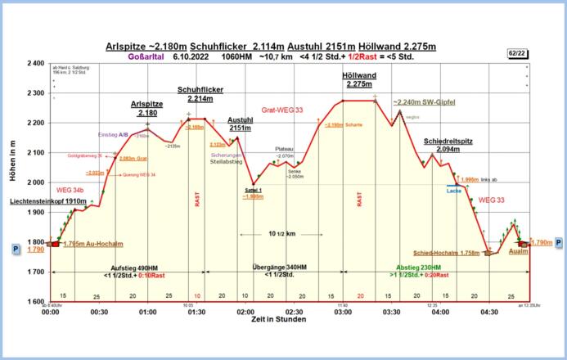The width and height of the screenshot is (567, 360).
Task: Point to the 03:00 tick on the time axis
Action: [343, 312]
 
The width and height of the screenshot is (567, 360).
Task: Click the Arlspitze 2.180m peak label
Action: [147, 109]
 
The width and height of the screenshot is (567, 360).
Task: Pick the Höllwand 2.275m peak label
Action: [359, 79]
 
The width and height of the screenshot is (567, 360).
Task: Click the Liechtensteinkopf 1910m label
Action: [48, 200]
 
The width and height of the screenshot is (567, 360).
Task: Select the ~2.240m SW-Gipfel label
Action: [423, 102]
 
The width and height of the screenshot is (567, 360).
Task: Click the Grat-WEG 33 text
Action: [281, 109]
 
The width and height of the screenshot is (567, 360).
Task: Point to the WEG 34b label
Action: [71, 190]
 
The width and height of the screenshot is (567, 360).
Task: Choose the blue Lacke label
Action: [454, 190]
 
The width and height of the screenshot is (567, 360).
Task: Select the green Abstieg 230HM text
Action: [418, 268]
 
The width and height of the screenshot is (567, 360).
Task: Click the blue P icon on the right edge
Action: [559, 243]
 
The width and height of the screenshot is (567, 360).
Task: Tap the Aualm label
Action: [518, 251]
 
